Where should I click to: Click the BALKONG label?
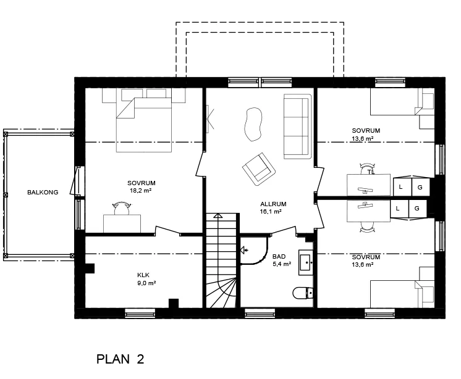[x=43, y=193]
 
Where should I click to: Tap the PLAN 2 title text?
[x=121, y=359]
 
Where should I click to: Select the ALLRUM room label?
[x=273, y=204]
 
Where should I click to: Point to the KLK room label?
[x=143, y=275]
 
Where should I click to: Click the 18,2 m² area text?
[x=140, y=191]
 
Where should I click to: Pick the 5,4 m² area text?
[x=282, y=264]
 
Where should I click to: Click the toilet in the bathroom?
[x=303, y=293]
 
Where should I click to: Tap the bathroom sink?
[x=306, y=262]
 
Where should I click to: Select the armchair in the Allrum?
[x=259, y=169]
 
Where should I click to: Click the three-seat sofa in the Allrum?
[x=297, y=127]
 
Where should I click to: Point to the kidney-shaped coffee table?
[x=253, y=124]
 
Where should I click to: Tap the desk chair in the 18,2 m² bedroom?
[x=122, y=208]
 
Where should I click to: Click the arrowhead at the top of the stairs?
[x=218, y=216]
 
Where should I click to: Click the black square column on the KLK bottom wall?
[x=174, y=303]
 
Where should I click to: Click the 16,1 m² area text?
[x=271, y=212]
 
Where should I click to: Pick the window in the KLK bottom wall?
[x=140, y=313]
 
